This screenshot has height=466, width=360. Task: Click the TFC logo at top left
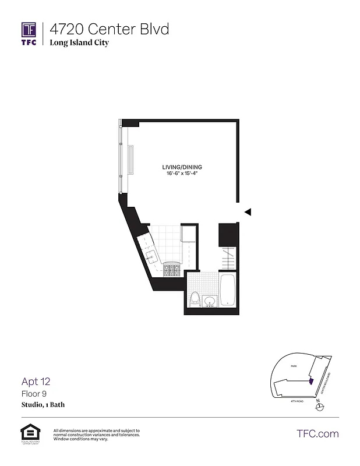(x=29, y=33)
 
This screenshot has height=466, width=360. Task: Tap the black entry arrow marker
(x=248, y=212)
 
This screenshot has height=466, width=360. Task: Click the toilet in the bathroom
(x=196, y=298)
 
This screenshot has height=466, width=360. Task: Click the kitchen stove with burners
(x=172, y=270)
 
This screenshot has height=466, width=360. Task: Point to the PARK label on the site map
(x=295, y=366)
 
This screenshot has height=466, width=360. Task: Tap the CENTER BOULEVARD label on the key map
(x=326, y=383)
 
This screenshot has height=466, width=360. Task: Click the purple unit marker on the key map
(x=310, y=381)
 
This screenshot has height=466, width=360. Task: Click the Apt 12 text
(x=36, y=382)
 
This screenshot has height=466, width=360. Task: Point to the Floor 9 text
(x=34, y=394)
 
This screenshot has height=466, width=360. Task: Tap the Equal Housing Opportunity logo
(x=28, y=433)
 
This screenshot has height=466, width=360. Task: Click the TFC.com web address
(x=317, y=433)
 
